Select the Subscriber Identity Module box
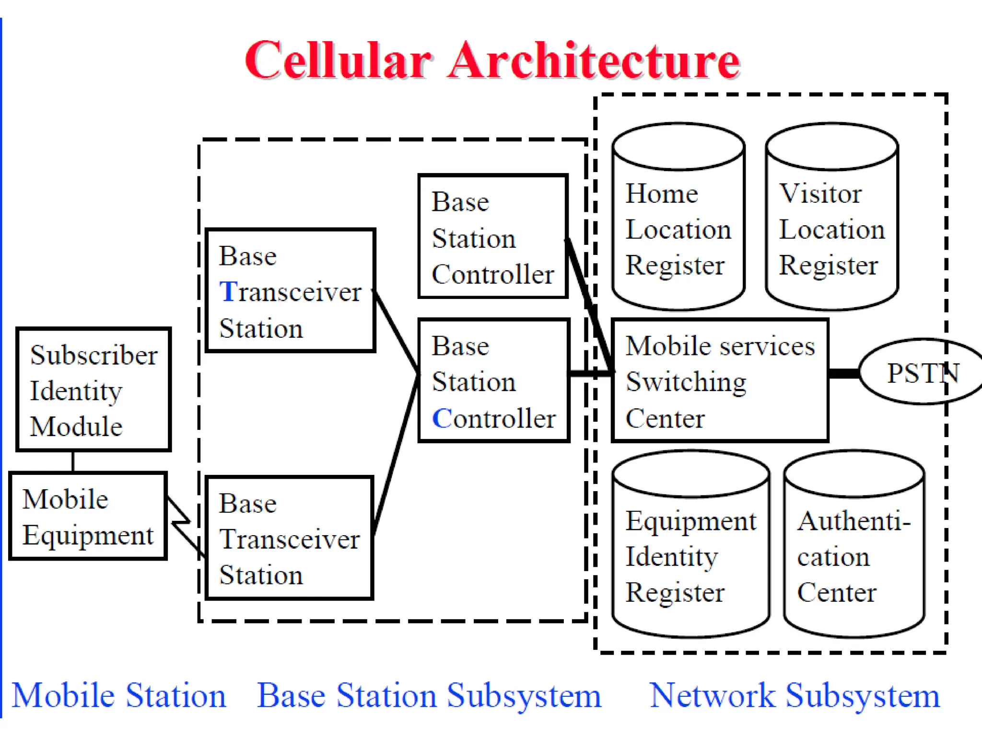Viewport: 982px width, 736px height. tap(94, 389)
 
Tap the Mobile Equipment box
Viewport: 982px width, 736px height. tap(88, 517)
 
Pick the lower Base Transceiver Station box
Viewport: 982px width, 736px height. tap(289, 538)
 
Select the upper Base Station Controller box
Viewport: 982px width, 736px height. tap(493, 237)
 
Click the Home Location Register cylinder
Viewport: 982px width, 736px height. tap(678, 225)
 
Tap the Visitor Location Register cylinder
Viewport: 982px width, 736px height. tap(831, 225)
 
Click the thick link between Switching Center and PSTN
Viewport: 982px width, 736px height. tap(844, 373)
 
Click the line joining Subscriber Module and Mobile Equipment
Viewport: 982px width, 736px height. tap(73, 461)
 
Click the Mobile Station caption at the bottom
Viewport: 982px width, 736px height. tap(119, 696)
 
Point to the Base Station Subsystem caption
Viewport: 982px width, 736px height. tap(429, 696)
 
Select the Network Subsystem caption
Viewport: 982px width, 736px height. tap(794, 696)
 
